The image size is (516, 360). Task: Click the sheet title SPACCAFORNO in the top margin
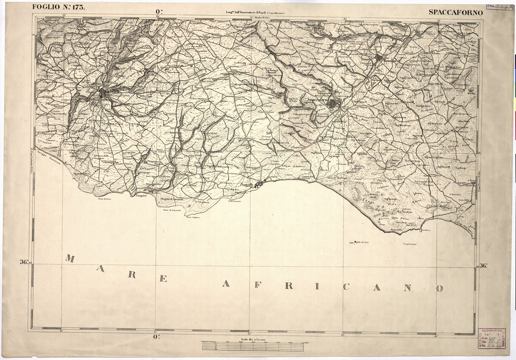456,12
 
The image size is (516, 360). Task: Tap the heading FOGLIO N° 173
58,7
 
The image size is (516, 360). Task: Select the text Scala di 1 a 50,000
252,339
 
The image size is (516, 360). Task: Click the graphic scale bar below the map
253,347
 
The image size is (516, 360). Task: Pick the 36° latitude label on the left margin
24,262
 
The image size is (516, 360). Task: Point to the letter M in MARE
70,259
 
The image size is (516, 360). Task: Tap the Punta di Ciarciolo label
172,210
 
